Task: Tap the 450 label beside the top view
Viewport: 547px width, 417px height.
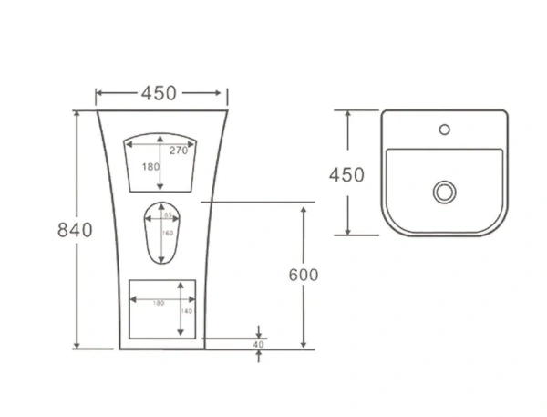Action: (346, 174)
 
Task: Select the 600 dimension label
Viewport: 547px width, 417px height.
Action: (301, 275)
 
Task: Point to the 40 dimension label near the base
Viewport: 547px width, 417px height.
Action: (258, 345)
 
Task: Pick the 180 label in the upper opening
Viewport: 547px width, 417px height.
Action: (150, 167)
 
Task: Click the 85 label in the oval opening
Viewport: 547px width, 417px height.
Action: (168, 216)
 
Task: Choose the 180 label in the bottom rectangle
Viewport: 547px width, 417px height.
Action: (158, 302)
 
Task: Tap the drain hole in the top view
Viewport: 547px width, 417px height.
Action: (444, 192)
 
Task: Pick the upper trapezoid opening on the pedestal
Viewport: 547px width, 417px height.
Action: (161, 164)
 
